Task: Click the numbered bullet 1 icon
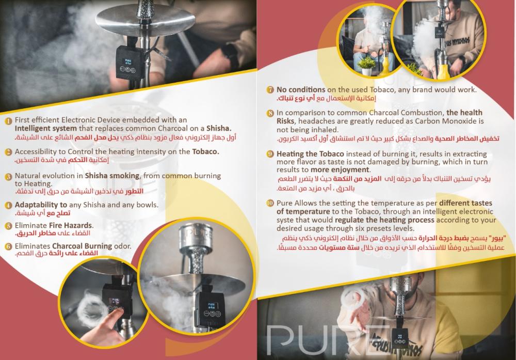[x=8, y=120]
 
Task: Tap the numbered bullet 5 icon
[x=8, y=226]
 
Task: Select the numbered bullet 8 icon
[x=270, y=113]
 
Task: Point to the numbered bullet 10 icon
[x=270, y=203]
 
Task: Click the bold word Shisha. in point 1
[x=219, y=128]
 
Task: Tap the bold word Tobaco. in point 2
[x=206, y=151]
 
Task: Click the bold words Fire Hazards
[x=71, y=225]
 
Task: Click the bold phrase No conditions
[x=301, y=89]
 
